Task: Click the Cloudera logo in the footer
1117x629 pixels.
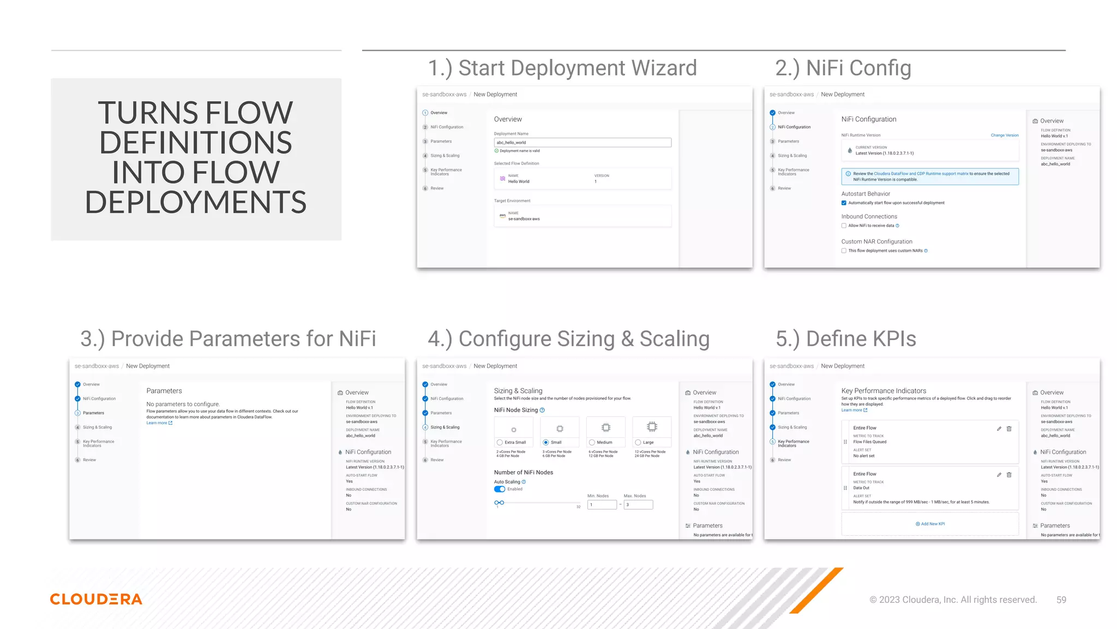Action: [96, 599]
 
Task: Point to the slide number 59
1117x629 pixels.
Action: [1061, 600]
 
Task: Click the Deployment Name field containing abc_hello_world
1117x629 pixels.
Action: [582, 143]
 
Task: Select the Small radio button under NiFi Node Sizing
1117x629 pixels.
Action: [546, 442]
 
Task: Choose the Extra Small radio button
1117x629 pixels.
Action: [500, 442]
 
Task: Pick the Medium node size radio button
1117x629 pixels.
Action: [592, 442]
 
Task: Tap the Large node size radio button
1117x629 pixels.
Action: [638, 442]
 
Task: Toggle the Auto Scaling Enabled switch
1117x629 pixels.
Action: [500, 489]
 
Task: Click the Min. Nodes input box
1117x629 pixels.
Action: [602, 505]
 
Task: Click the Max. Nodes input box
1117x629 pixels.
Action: [638, 505]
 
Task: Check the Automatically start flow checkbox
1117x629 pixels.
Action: [844, 203]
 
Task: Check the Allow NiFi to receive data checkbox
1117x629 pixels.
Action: [844, 226]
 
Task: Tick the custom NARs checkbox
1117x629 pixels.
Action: [844, 251]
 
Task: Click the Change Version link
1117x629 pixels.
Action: [1004, 135]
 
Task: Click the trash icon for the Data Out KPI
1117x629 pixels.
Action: [1009, 474]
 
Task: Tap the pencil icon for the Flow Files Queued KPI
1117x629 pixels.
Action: [999, 429]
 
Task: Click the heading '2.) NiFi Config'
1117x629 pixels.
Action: [843, 68]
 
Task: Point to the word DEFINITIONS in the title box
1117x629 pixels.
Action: [196, 143]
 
